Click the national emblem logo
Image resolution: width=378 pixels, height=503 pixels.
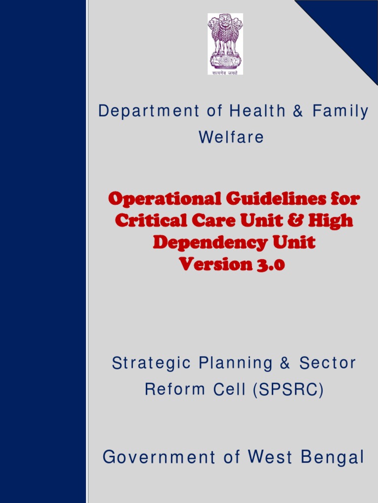click(x=225, y=41)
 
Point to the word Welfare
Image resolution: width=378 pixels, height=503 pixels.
click(x=231, y=138)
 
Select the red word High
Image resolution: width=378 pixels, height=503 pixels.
click(x=331, y=221)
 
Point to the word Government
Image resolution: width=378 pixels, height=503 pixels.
click(x=159, y=458)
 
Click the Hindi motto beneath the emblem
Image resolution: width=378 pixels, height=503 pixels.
click(x=225, y=72)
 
